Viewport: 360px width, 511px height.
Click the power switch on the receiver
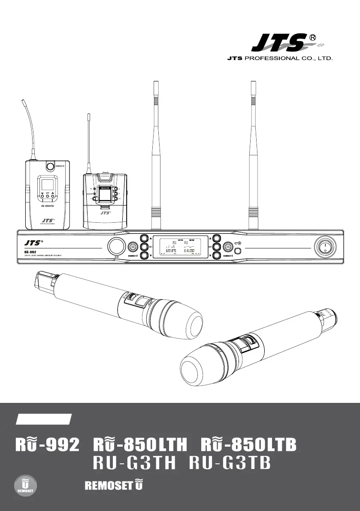pos(325,247)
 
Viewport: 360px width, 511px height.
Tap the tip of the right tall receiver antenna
pos(253,82)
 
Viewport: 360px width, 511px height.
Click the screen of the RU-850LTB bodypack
pos(47,186)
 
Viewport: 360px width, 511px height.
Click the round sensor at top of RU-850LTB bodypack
pos(50,166)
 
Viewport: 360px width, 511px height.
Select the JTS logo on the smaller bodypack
pos(106,212)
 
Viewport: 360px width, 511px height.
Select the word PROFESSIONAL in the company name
pos(275,57)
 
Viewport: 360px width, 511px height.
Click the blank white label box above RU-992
pos(43,419)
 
